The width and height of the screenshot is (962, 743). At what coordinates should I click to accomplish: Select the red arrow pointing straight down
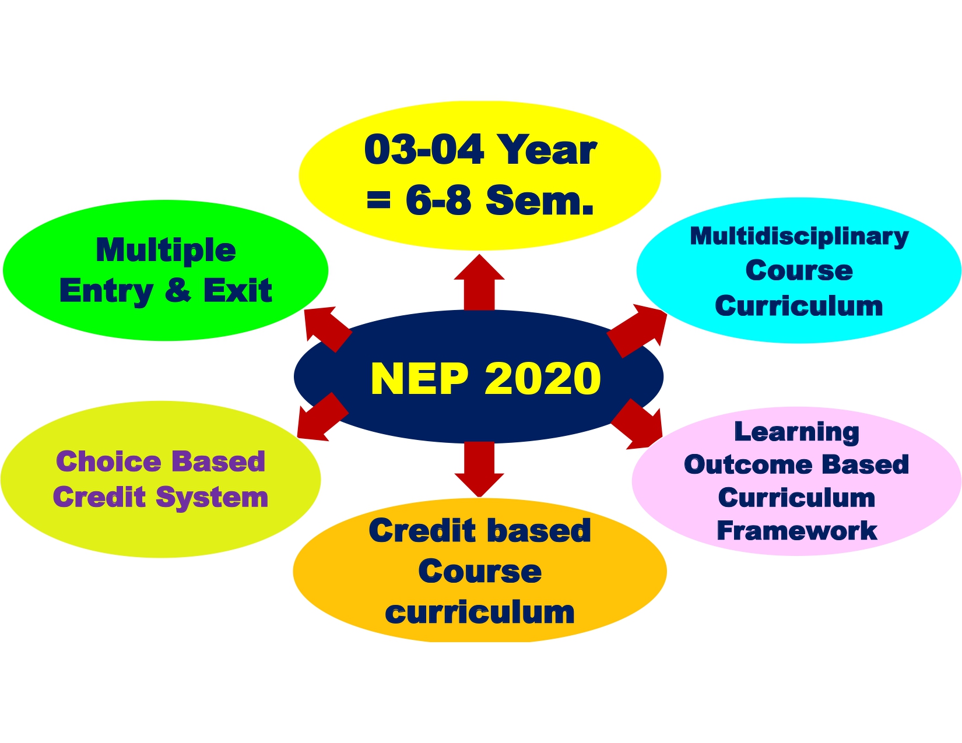(x=479, y=469)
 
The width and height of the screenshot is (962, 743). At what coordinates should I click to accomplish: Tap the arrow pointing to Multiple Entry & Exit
(x=328, y=329)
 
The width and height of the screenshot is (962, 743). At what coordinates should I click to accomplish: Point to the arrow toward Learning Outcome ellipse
(x=637, y=424)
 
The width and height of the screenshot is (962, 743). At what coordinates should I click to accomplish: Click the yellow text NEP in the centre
(x=419, y=379)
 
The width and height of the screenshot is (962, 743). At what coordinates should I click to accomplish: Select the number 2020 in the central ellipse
(x=543, y=379)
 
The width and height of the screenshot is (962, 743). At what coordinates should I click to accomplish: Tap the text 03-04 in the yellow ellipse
(x=424, y=150)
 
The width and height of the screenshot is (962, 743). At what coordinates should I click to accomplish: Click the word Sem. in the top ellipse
(x=539, y=200)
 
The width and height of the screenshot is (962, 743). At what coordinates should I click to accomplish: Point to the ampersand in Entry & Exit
(x=178, y=290)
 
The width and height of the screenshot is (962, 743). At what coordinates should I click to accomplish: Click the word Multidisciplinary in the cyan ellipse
(x=799, y=237)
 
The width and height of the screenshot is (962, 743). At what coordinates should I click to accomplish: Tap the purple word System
(x=212, y=498)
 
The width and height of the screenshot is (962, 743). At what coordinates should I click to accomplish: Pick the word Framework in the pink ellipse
(x=796, y=530)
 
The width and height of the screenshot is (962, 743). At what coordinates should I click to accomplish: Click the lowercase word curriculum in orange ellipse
(x=480, y=612)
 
